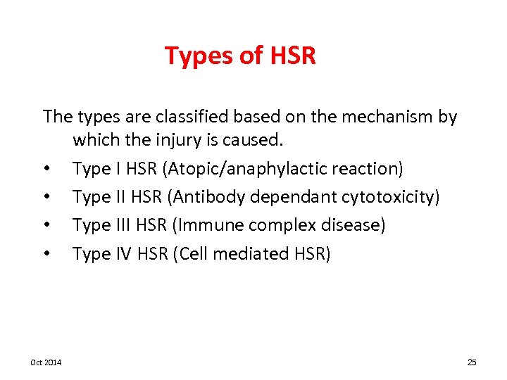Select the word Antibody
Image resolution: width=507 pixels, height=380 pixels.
(205, 197)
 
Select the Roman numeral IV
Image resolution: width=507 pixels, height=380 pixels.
(123, 253)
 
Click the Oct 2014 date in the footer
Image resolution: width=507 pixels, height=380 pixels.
(46, 362)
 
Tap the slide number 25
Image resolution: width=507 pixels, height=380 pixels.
(472, 362)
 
